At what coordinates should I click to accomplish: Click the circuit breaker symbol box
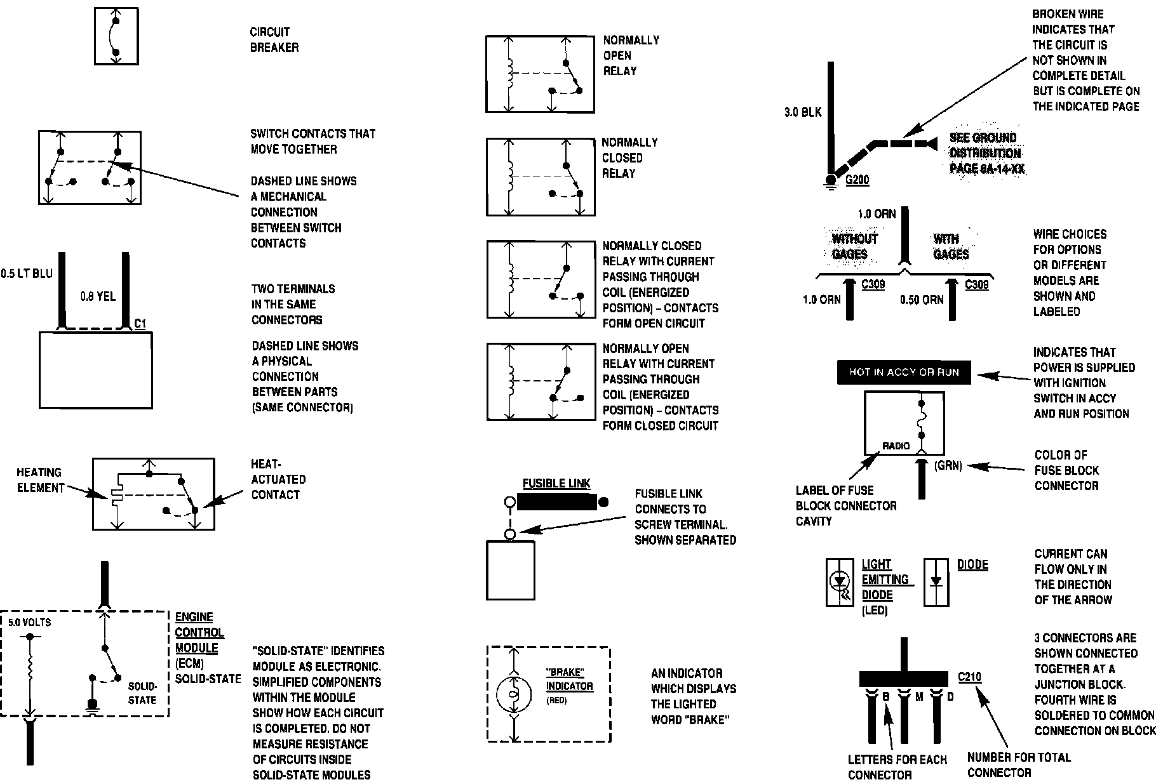[116, 36]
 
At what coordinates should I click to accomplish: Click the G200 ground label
[857, 180]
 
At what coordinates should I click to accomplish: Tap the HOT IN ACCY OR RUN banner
[904, 373]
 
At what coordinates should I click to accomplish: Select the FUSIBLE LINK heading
[556, 484]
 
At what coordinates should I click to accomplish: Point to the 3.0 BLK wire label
[803, 113]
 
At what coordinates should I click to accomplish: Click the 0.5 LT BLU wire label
[27, 274]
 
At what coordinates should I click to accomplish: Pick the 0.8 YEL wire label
[98, 296]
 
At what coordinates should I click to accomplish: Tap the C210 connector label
[969, 677]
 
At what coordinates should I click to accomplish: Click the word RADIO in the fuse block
[896, 446]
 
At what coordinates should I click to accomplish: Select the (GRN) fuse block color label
[948, 466]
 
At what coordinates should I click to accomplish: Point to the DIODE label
[972, 565]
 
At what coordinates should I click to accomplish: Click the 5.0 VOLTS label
[30, 623]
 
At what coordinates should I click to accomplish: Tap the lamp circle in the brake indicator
[513, 694]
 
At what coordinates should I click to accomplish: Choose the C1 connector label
[140, 324]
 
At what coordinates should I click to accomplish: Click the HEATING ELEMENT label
[40, 480]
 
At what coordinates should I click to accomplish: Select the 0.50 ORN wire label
[922, 300]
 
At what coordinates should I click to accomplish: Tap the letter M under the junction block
[918, 697]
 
